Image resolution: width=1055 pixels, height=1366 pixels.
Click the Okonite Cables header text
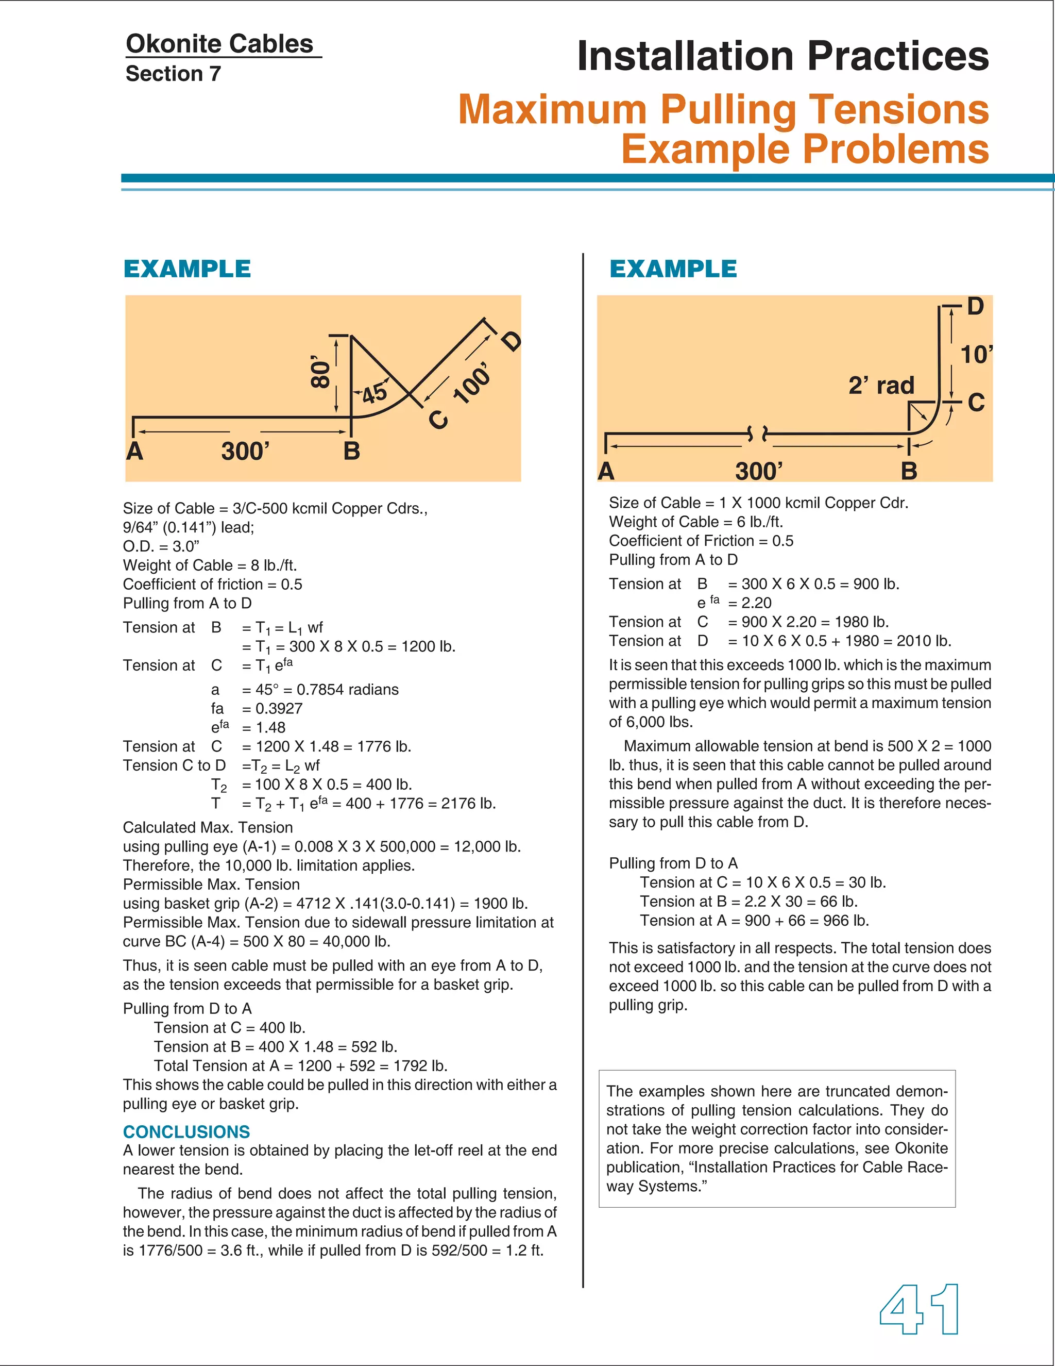point(219,44)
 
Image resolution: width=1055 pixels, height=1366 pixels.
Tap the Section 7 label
point(173,74)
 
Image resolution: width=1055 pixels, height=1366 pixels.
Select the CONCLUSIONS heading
point(186,1131)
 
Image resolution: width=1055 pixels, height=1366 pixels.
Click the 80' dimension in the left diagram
point(320,374)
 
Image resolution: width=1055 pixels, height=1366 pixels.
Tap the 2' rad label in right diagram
point(881,385)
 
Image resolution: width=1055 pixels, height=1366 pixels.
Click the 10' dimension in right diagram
point(976,355)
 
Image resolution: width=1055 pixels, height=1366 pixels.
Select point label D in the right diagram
point(975,307)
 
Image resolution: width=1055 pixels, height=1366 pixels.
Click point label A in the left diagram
point(134,451)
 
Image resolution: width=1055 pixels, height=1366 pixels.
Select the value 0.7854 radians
point(348,689)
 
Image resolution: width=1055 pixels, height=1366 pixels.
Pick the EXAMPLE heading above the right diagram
point(673,269)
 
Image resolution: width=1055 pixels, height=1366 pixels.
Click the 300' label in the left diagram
point(245,451)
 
